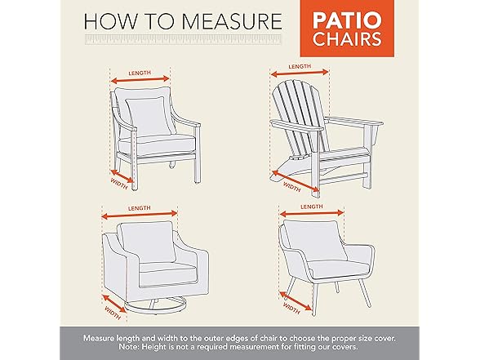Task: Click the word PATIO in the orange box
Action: click(347, 20)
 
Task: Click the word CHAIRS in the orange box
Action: click(347, 39)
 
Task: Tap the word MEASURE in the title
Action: click(232, 21)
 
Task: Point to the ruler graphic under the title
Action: click(183, 40)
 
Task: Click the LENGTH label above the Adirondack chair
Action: click(300, 66)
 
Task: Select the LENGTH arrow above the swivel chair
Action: click(140, 215)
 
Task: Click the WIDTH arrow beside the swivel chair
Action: click(114, 304)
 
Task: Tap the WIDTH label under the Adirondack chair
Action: click(291, 187)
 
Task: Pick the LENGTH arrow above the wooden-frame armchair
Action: click(140, 80)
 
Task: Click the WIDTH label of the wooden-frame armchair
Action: click(119, 184)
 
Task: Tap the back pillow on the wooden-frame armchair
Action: click(149, 116)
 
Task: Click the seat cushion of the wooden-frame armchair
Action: click(157, 145)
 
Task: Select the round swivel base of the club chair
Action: click(156, 305)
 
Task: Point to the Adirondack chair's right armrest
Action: click(354, 122)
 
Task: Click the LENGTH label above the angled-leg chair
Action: click(312, 207)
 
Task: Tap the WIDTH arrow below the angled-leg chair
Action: click(296, 300)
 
